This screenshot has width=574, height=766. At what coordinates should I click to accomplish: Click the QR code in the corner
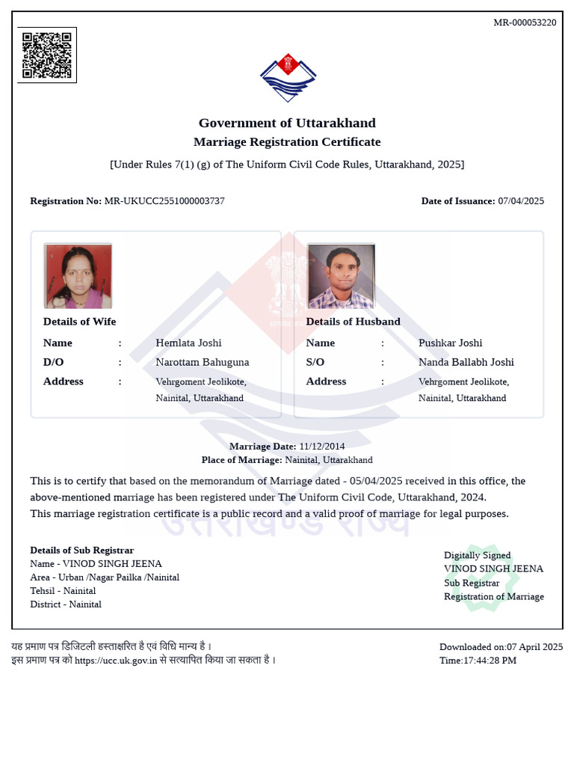pos(47,55)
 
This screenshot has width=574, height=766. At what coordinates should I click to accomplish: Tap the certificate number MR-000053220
pos(525,22)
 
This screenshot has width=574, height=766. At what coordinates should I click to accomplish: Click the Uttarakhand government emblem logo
pos(288,78)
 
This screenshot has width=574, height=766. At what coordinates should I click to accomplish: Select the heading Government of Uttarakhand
pos(287,123)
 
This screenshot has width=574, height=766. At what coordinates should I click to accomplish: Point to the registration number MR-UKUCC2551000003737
pos(164,201)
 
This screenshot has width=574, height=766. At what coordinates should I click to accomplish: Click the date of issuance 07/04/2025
pos(521,201)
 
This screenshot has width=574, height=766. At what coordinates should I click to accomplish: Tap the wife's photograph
pos(78,275)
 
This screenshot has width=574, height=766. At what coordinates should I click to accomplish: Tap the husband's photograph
pos(341,275)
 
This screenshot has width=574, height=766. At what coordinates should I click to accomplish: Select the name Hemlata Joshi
pos(188,343)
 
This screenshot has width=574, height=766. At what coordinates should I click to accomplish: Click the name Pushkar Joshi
pos(451,343)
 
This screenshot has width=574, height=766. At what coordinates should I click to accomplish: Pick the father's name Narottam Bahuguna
pos(203,362)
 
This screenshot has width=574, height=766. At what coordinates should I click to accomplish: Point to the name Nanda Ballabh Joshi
pos(466,362)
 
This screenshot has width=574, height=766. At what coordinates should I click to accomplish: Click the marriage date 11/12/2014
pos(322,447)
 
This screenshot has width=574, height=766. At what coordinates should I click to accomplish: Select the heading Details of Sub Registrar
pos(82,550)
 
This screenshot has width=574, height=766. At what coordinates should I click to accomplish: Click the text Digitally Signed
pos(478,555)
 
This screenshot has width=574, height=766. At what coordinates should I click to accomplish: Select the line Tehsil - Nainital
pos(63,590)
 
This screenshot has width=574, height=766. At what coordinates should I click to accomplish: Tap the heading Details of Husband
pos(354,322)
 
